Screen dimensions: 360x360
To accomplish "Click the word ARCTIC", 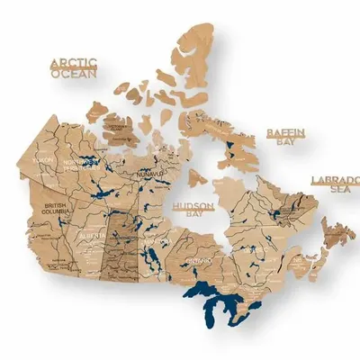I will [x=73, y=64].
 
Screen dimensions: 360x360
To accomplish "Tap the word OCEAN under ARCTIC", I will [x=73, y=75].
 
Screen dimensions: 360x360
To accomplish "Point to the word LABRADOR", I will [x=334, y=180].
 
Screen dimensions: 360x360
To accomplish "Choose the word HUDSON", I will [x=193, y=207].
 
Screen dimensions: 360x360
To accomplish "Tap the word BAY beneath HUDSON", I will [x=193, y=217].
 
